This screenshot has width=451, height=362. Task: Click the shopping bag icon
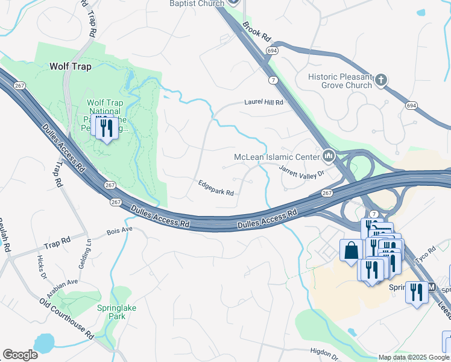click(x=351, y=250)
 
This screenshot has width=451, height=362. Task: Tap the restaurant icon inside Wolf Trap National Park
click(x=107, y=128)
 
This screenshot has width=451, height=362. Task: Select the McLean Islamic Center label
click(x=277, y=157)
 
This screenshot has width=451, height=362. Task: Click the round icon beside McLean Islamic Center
click(x=329, y=157)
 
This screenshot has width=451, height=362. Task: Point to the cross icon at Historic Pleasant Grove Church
click(x=380, y=80)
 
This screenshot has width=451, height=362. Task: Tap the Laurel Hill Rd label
click(x=263, y=103)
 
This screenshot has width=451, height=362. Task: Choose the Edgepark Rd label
click(x=215, y=188)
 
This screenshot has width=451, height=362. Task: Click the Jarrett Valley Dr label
click(x=301, y=171)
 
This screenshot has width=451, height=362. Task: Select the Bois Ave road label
click(x=119, y=230)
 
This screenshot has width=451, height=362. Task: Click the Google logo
click(x=20, y=355)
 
